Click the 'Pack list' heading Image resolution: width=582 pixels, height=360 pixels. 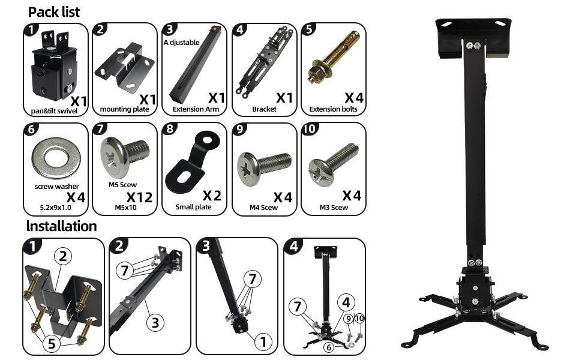[54, 12]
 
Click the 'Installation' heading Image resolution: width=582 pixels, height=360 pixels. [62, 226]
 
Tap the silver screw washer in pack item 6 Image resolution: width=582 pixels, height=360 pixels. [56, 159]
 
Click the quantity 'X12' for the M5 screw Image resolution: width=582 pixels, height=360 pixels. [139, 197]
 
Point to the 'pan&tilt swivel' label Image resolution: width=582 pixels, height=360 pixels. [54, 110]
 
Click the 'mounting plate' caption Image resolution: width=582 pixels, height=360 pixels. [124, 109]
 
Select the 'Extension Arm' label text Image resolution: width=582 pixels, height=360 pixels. [196, 109]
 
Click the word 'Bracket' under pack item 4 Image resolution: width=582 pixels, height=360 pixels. [264, 109]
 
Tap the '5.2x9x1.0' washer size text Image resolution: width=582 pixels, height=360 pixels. [56, 208]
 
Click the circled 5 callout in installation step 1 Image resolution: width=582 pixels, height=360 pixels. [52, 344]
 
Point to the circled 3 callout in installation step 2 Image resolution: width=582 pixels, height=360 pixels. [155, 322]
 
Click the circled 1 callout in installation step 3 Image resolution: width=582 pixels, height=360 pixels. [263, 341]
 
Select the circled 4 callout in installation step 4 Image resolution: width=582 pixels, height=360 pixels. [346, 302]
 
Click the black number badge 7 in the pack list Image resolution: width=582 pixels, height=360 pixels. [100, 129]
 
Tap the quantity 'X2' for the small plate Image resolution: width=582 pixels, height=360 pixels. [212, 196]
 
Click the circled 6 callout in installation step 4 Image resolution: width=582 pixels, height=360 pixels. [328, 348]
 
